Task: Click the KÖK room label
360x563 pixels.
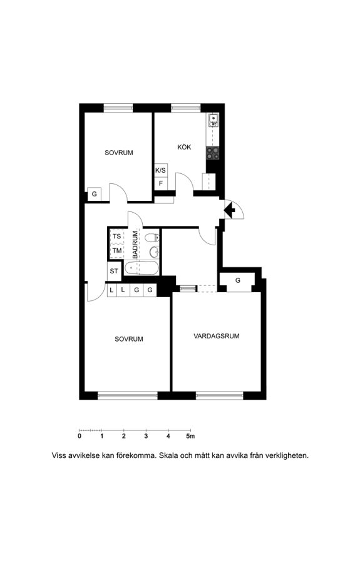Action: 184,147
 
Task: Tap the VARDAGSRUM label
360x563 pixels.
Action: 216,336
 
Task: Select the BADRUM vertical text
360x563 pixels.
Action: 135,245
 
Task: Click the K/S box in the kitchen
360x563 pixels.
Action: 161,170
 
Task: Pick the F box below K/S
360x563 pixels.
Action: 161,183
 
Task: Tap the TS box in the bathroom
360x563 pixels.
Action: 117,236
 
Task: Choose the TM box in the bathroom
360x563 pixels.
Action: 117,251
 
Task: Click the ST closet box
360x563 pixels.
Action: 114,271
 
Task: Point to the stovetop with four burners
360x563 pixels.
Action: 212,153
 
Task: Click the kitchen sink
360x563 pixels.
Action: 213,120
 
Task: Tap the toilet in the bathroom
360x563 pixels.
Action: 152,237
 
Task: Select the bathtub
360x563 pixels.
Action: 141,268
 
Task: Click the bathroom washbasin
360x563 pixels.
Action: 155,252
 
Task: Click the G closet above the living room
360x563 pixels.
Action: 237,280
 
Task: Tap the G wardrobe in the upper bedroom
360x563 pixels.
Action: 94,194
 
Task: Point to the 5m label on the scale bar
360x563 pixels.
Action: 190,436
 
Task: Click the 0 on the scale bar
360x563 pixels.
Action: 80,436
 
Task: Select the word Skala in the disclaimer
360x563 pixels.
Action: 168,455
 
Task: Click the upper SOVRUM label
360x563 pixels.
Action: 119,153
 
